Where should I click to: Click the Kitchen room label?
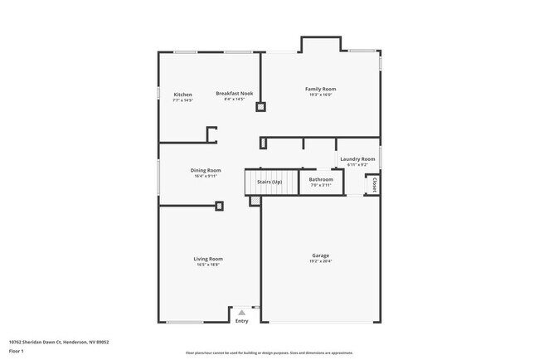pyautogui.click(x=182, y=95)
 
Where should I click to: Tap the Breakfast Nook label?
pyautogui.click(x=235, y=94)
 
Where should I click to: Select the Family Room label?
pyautogui.click(x=320, y=89)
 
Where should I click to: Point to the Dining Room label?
pyautogui.click(x=206, y=170)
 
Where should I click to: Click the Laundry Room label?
pyautogui.click(x=357, y=158)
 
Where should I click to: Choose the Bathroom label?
pyautogui.click(x=321, y=179)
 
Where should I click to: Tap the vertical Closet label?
pyautogui.click(x=374, y=184)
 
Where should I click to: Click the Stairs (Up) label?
pyautogui.click(x=269, y=181)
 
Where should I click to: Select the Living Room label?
pyautogui.click(x=208, y=259)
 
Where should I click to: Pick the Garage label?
pyautogui.click(x=320, y=255)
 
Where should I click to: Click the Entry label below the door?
pyautogui.click(x=241, y=321)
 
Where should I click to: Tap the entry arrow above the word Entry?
pyautogui.click(x=241, y=313)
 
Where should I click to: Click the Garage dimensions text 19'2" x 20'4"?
pyautogui.click(x=320, y=261)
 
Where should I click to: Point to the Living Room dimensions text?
pyautogui.click(x=208, y=265)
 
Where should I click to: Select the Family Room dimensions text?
pyautogui.click(x=320, y=95)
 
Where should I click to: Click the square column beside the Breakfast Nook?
pyautogui.click(x=260, y=106)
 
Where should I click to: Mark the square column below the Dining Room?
pyautogui.click(x=219, y=206)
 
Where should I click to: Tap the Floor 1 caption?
pyautogui.click(x=17, y=351)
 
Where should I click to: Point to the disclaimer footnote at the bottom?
pyautogui.click(x=269, y=353)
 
